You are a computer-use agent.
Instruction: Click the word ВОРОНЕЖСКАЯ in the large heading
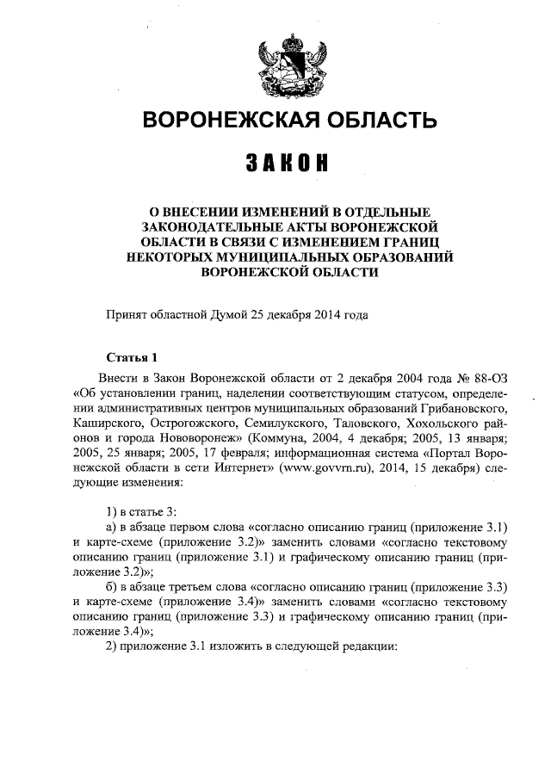[220, 120]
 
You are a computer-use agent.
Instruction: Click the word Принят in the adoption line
[126, 315]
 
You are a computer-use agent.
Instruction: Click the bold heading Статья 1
[131, 357]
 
